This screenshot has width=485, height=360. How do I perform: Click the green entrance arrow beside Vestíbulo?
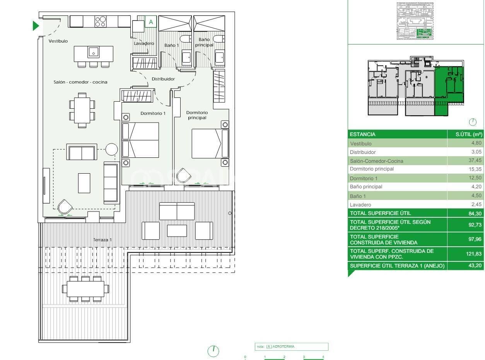(36, 26)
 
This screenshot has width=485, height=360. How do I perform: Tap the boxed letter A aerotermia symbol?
(151, 22)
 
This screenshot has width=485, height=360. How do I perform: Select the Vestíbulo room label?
(58, 41)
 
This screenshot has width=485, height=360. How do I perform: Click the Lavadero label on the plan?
(144, 43)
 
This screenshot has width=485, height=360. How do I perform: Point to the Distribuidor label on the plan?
(163, 79)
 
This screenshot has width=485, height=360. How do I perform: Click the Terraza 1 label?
(102, 240)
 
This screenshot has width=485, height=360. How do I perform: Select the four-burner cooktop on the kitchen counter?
(101, 21)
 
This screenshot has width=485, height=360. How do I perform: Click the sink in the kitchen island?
(93, 51)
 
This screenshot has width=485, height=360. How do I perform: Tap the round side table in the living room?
(111, 149)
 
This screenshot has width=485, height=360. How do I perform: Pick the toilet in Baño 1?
(185, 39)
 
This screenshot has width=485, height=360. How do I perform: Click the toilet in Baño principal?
(219, 39)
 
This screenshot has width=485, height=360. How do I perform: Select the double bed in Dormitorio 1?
(141, 140)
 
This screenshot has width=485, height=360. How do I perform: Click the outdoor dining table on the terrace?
(85, 288)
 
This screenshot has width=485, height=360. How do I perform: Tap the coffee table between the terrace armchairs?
(177, 230)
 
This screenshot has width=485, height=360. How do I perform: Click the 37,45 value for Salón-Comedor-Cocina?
(474, 161)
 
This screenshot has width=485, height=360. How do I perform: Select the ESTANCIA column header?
(362, 134)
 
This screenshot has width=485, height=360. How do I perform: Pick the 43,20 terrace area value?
(475, 266)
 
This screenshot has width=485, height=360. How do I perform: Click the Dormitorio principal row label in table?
(372, 169)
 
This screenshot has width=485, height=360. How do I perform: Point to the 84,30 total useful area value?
(475, 213)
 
